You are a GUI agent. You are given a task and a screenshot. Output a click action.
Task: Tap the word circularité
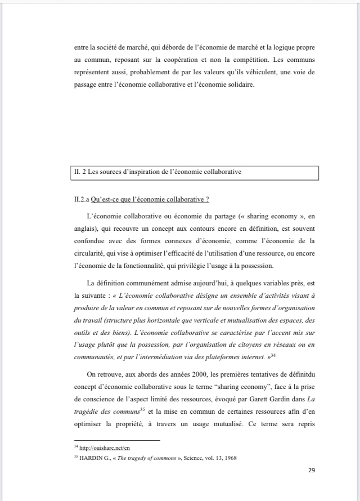tap(93, 253)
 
